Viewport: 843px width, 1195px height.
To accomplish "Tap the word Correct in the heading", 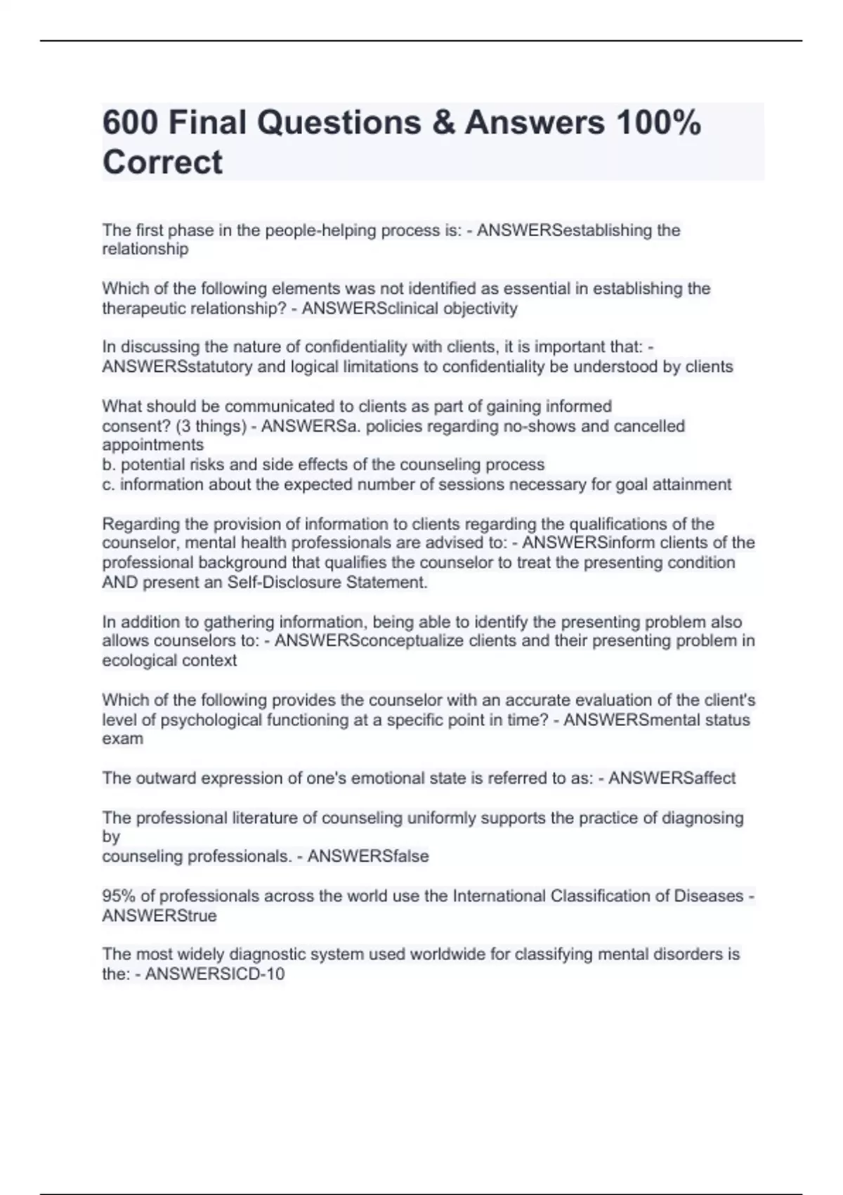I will coord(162,162).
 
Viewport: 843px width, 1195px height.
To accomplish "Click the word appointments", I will coord(152,445).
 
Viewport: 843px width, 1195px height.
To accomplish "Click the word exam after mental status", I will coord(122,739).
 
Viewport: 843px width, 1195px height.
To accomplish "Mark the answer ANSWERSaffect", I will coord(672,778).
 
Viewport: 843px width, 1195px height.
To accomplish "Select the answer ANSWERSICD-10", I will coord(214,974).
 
